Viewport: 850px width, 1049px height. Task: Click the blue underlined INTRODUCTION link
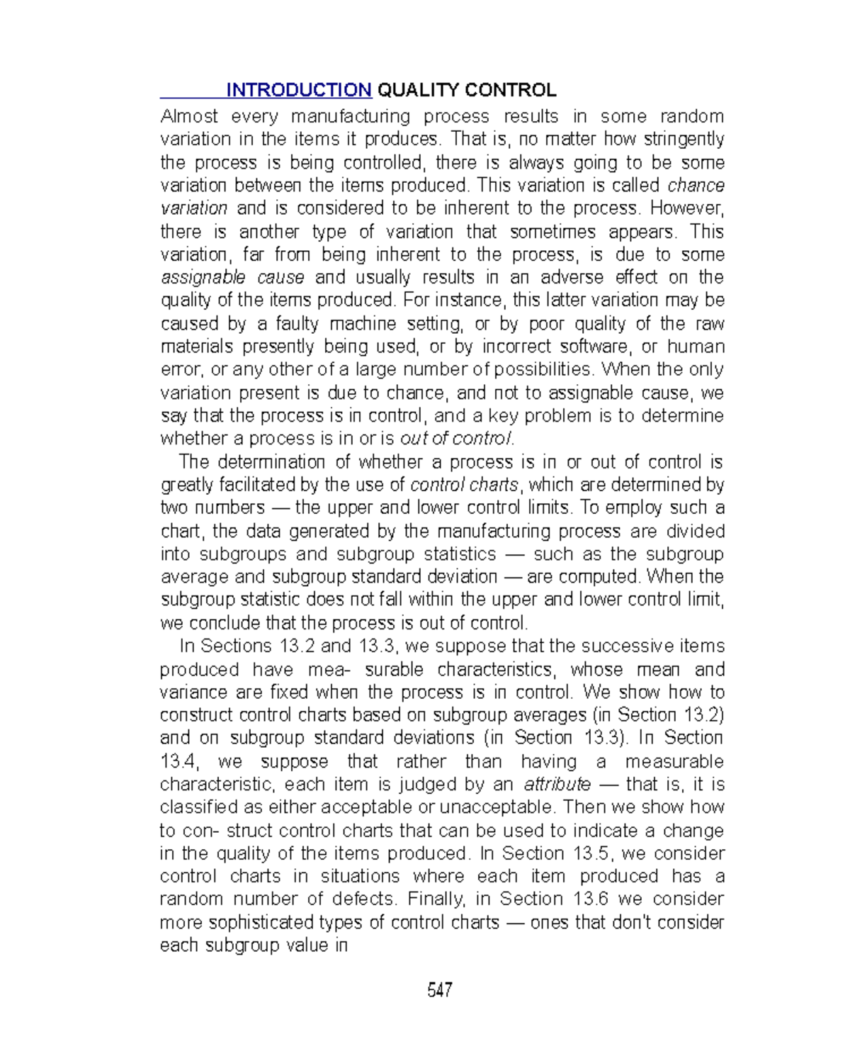pos(298,90)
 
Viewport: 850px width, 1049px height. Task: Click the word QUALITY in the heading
pos(418,90)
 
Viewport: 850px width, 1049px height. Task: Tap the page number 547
pos(440,989)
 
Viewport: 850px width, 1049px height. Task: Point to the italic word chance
pos(696,185)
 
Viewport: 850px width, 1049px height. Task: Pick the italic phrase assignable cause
pos(232,277)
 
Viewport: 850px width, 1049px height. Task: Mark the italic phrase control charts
pos(465,485)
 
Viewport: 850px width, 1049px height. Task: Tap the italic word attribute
pos(557,785)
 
